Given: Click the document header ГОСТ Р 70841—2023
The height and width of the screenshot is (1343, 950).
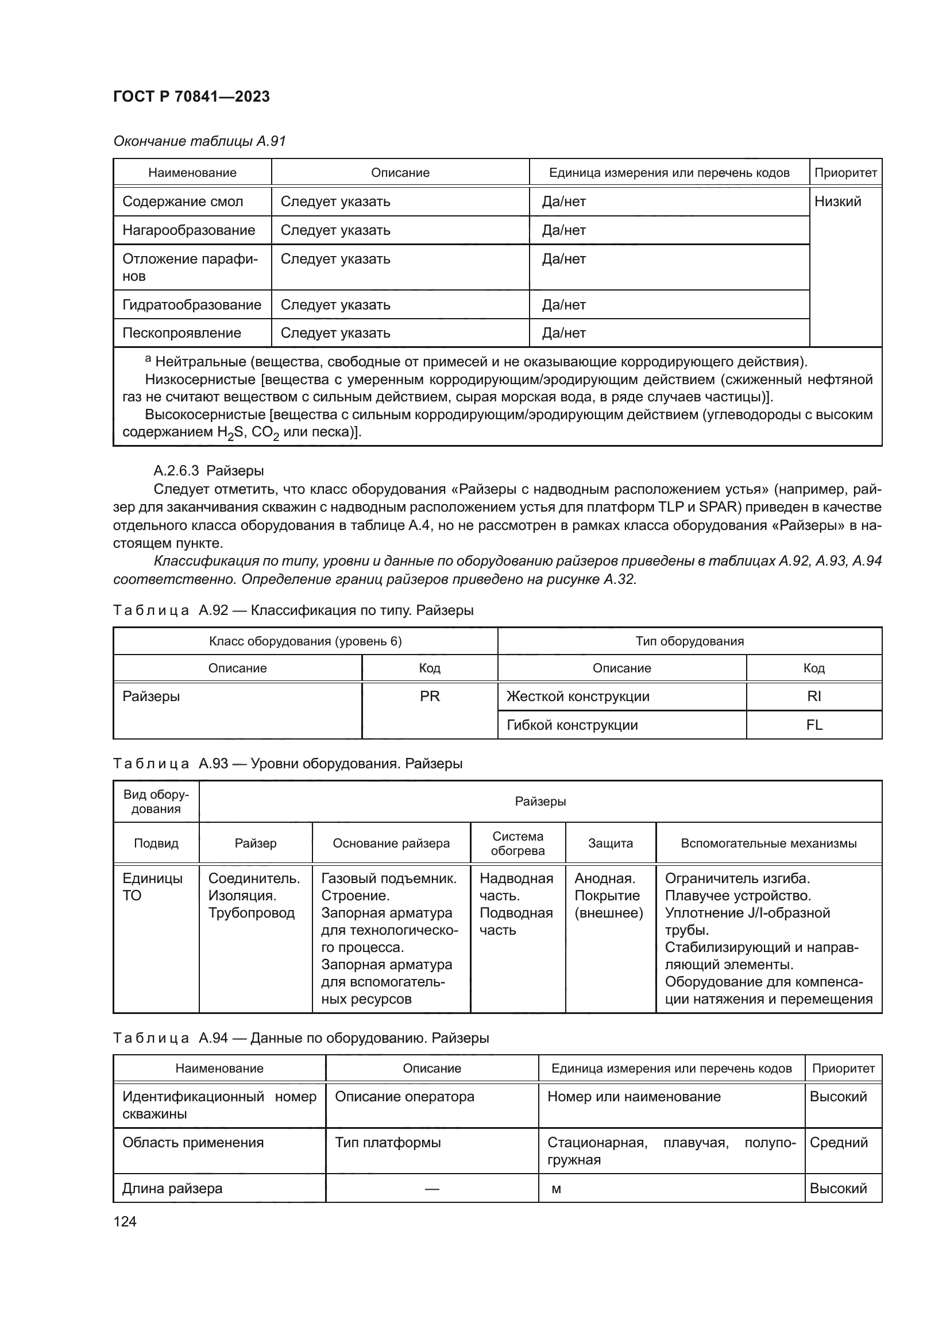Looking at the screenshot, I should tap(191, 97).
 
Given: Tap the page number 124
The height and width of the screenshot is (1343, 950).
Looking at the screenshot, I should tap(125, 1221).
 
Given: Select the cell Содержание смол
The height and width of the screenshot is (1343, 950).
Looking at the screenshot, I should tap(183, 202).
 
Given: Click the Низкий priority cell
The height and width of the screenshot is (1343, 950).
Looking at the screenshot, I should tap(837, 202).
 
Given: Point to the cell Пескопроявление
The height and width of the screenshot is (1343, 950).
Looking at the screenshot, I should tap(181, 333).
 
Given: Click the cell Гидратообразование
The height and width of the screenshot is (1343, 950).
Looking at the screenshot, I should tap(191, 305).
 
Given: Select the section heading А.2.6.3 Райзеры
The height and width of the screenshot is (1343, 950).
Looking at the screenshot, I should tap(208, 471).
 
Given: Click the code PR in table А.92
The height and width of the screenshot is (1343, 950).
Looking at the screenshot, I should tap(430, 696).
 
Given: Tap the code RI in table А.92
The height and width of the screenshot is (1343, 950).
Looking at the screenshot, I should tap(814, 696).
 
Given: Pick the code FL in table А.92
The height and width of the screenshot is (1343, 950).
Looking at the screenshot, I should tap(814, 725).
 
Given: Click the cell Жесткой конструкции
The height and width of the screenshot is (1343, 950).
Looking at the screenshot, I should tap(578, 696).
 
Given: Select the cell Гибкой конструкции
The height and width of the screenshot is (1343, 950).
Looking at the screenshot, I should tap(572, 725).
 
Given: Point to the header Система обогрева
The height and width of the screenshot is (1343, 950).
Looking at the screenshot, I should tap(517, 843).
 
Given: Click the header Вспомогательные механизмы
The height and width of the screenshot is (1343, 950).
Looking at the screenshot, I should tap(769, 843).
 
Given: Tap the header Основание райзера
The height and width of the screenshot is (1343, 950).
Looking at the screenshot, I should tap(391, 843).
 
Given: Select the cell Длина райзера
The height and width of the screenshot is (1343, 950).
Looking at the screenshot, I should tap(172, 1189).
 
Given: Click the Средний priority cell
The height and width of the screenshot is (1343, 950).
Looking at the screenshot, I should tap(838, 1143).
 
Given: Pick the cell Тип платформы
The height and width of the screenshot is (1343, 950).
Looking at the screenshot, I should tap(388, 1143).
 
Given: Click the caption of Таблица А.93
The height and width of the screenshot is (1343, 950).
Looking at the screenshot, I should tap(287, 764).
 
